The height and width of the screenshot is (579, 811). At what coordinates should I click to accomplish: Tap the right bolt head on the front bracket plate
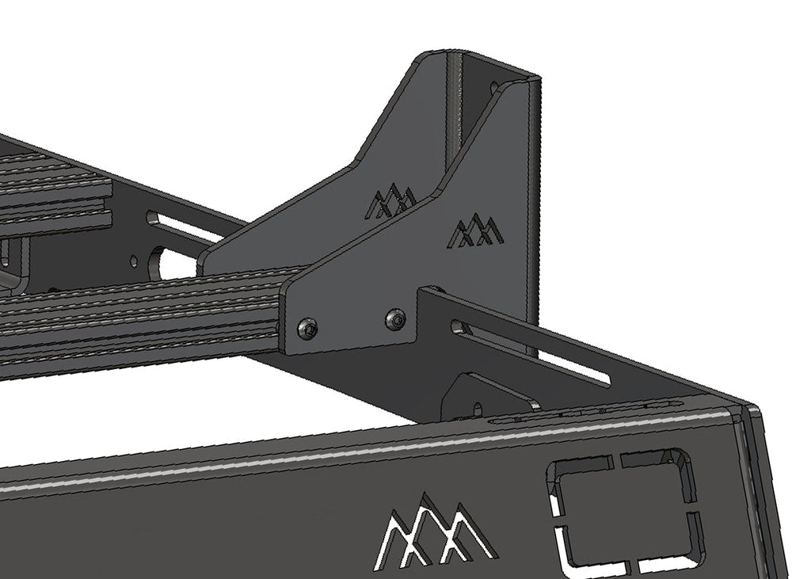(x=396, y=318)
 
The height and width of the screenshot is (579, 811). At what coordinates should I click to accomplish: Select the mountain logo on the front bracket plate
(x=474, y=230)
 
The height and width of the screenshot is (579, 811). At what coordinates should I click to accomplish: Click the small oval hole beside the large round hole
(x=134, y=262)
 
